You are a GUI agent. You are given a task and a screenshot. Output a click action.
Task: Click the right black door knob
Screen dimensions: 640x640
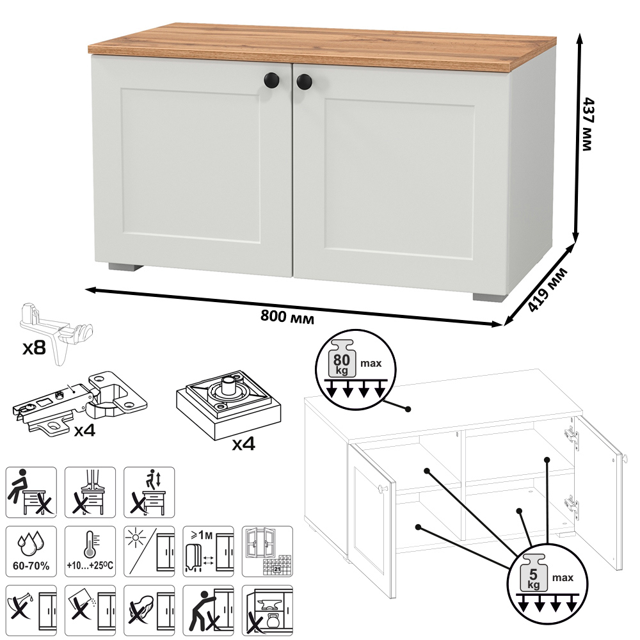pos(304,82)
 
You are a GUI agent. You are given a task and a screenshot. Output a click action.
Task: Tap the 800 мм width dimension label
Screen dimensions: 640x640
pos(287,317)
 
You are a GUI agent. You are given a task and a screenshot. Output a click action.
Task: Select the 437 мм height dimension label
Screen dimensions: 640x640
pos(587,124)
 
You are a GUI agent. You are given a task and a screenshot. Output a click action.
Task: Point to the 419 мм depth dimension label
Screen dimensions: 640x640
pos(547,290)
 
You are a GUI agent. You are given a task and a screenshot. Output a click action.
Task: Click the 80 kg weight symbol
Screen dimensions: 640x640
pos(342,358)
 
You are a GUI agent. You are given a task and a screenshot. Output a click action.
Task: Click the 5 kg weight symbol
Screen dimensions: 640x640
pos(533,573)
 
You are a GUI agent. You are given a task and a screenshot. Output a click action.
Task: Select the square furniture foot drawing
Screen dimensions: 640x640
pos(228,404)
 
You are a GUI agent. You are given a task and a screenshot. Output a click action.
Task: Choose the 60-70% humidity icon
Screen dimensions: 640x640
pos(31,552)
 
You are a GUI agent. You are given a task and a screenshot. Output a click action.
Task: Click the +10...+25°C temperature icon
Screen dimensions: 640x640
pos(90,552)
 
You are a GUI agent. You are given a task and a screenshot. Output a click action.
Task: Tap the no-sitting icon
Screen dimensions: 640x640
pos(31,492)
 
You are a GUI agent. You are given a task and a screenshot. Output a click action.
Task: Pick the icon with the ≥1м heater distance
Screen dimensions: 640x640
pos(208,552)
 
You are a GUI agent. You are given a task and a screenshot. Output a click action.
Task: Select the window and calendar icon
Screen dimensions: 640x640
pos(268,552)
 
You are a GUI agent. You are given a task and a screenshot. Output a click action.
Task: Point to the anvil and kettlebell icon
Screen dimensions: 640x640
pos(268,610)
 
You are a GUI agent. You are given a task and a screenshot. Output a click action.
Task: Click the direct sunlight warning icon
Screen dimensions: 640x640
pos(149,552)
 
